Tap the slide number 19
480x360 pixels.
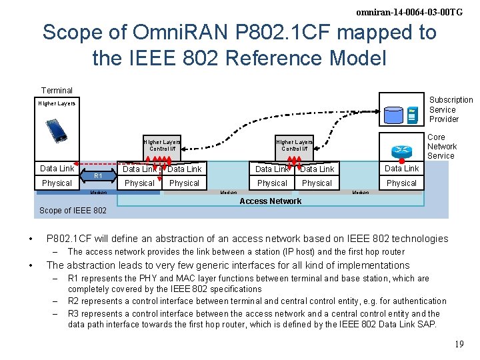tap(459, 345)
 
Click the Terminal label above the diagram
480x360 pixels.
tap(57, 91)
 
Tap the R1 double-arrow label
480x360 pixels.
tap(97, 176)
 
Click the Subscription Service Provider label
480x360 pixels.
tap(450, 109)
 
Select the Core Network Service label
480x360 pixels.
tap(441, 147)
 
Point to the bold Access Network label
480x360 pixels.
tap(270, 201)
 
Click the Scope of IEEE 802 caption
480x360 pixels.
tap(73, 211)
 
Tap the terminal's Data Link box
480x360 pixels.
tap(57, 169)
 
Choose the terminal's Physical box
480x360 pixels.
tap(57, 183)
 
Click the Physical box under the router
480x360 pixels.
tap(401, 183)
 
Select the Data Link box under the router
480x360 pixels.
tap(401, 169)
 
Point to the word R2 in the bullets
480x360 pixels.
tap(74, 301)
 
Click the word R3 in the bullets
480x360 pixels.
tap(74, 313)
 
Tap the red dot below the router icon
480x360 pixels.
tap(402, 161)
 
